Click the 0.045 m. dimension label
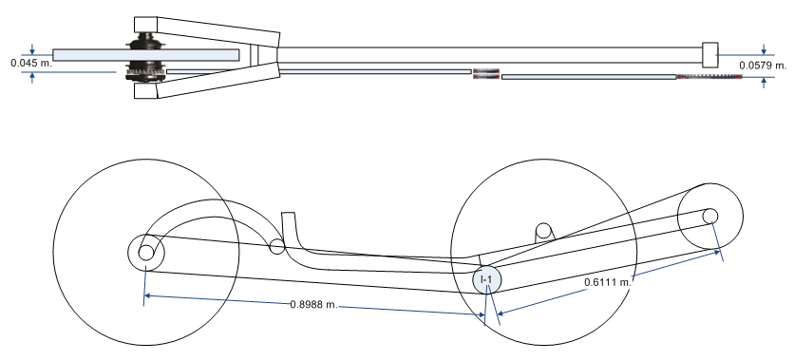[31, 64]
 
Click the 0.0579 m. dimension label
[763, 66]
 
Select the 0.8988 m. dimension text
[313, 304]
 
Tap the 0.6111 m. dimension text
[608, 282]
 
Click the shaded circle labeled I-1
[486, 279]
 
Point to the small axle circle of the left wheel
[146, 252]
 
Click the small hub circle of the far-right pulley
[709, 216]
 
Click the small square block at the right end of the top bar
[710, 55]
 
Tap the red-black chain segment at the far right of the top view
[709, 77]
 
